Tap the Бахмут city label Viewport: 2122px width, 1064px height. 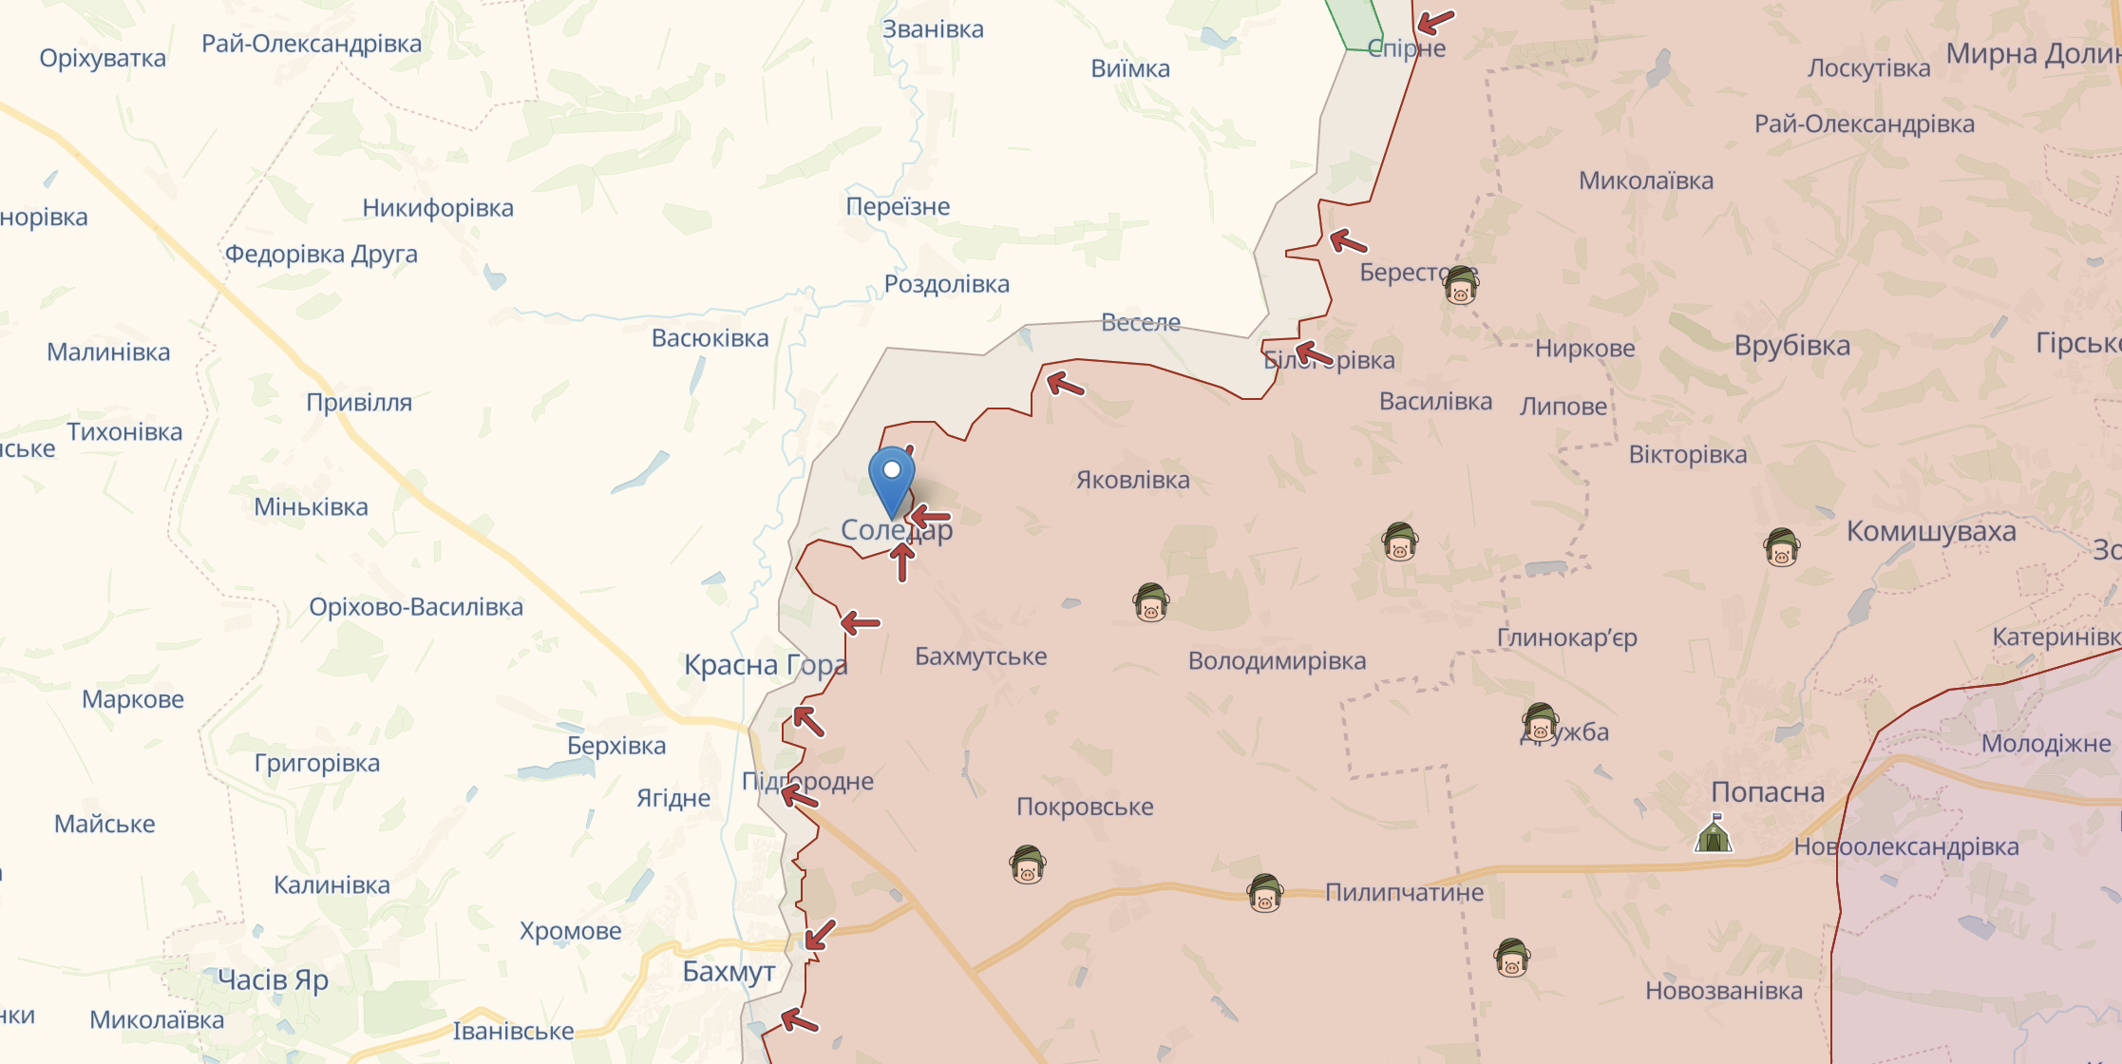click(x=729, y=971)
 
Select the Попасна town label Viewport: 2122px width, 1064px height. click(x=1767, y=792)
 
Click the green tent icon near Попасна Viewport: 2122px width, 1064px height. click(x=1714, y=834)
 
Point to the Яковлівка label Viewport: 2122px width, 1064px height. click(x=1132, y=480)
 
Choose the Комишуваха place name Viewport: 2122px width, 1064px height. click(x=1930, y=531)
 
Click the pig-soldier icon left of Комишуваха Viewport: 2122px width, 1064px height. click(x=1781, y=547)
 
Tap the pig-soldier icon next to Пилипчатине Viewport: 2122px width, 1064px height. click(x=1264, y=893)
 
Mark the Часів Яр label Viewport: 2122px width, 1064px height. click(x=273, y=979)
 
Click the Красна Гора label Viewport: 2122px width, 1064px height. click(x=765, y=665)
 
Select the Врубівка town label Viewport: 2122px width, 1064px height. click(x=1791, y=346)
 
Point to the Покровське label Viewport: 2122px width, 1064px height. click(x=1085, y=807)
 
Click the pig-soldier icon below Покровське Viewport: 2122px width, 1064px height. click(x=1028, y=864)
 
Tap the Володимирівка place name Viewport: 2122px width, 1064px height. click(x=1277, y=661)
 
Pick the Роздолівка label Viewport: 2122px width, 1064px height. click(x=946, y=284)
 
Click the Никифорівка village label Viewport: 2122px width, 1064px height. click(x=437, y=208)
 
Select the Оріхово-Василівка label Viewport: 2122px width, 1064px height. click(x=415, y=607)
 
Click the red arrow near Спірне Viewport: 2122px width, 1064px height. click(x=1435, y=21)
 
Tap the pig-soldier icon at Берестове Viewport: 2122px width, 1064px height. click(x=1461, y=284)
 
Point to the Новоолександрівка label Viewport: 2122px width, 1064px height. click(x=1905, y=846)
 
